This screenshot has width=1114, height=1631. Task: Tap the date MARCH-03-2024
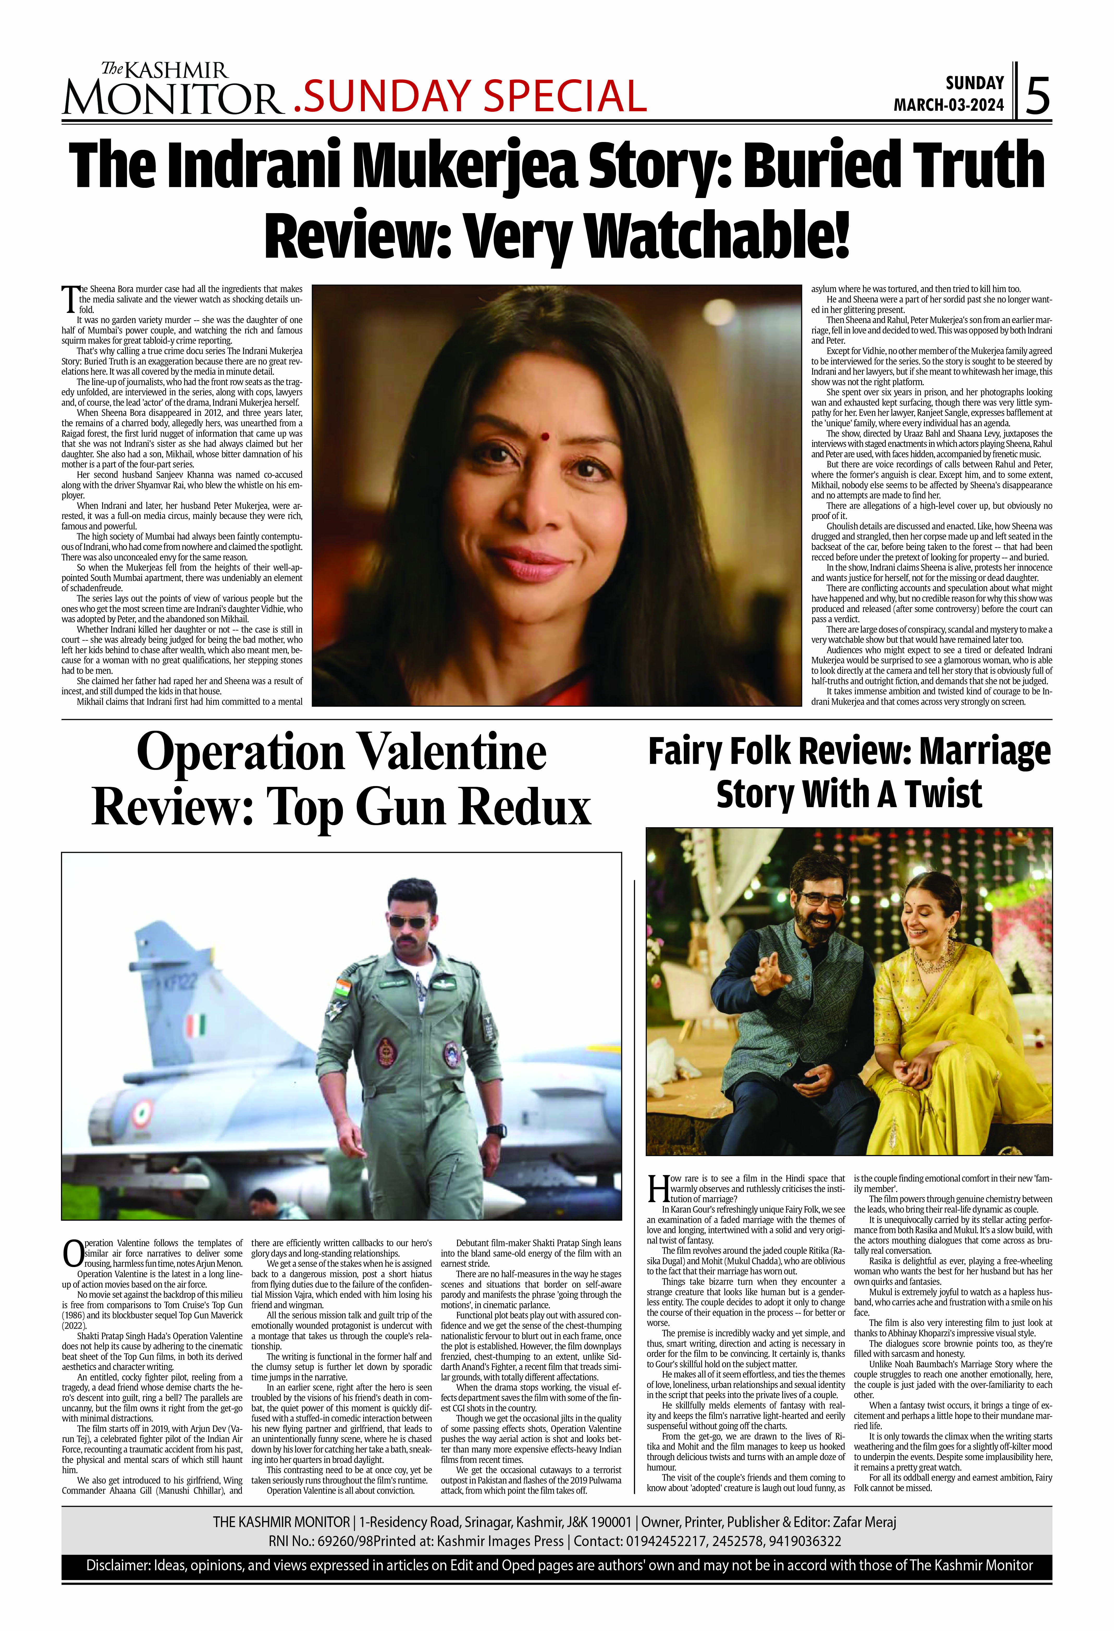pos(948,105)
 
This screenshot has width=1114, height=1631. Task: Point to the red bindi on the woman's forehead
pos(544,436)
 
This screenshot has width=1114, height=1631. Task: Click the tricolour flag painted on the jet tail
pos(194,1026)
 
